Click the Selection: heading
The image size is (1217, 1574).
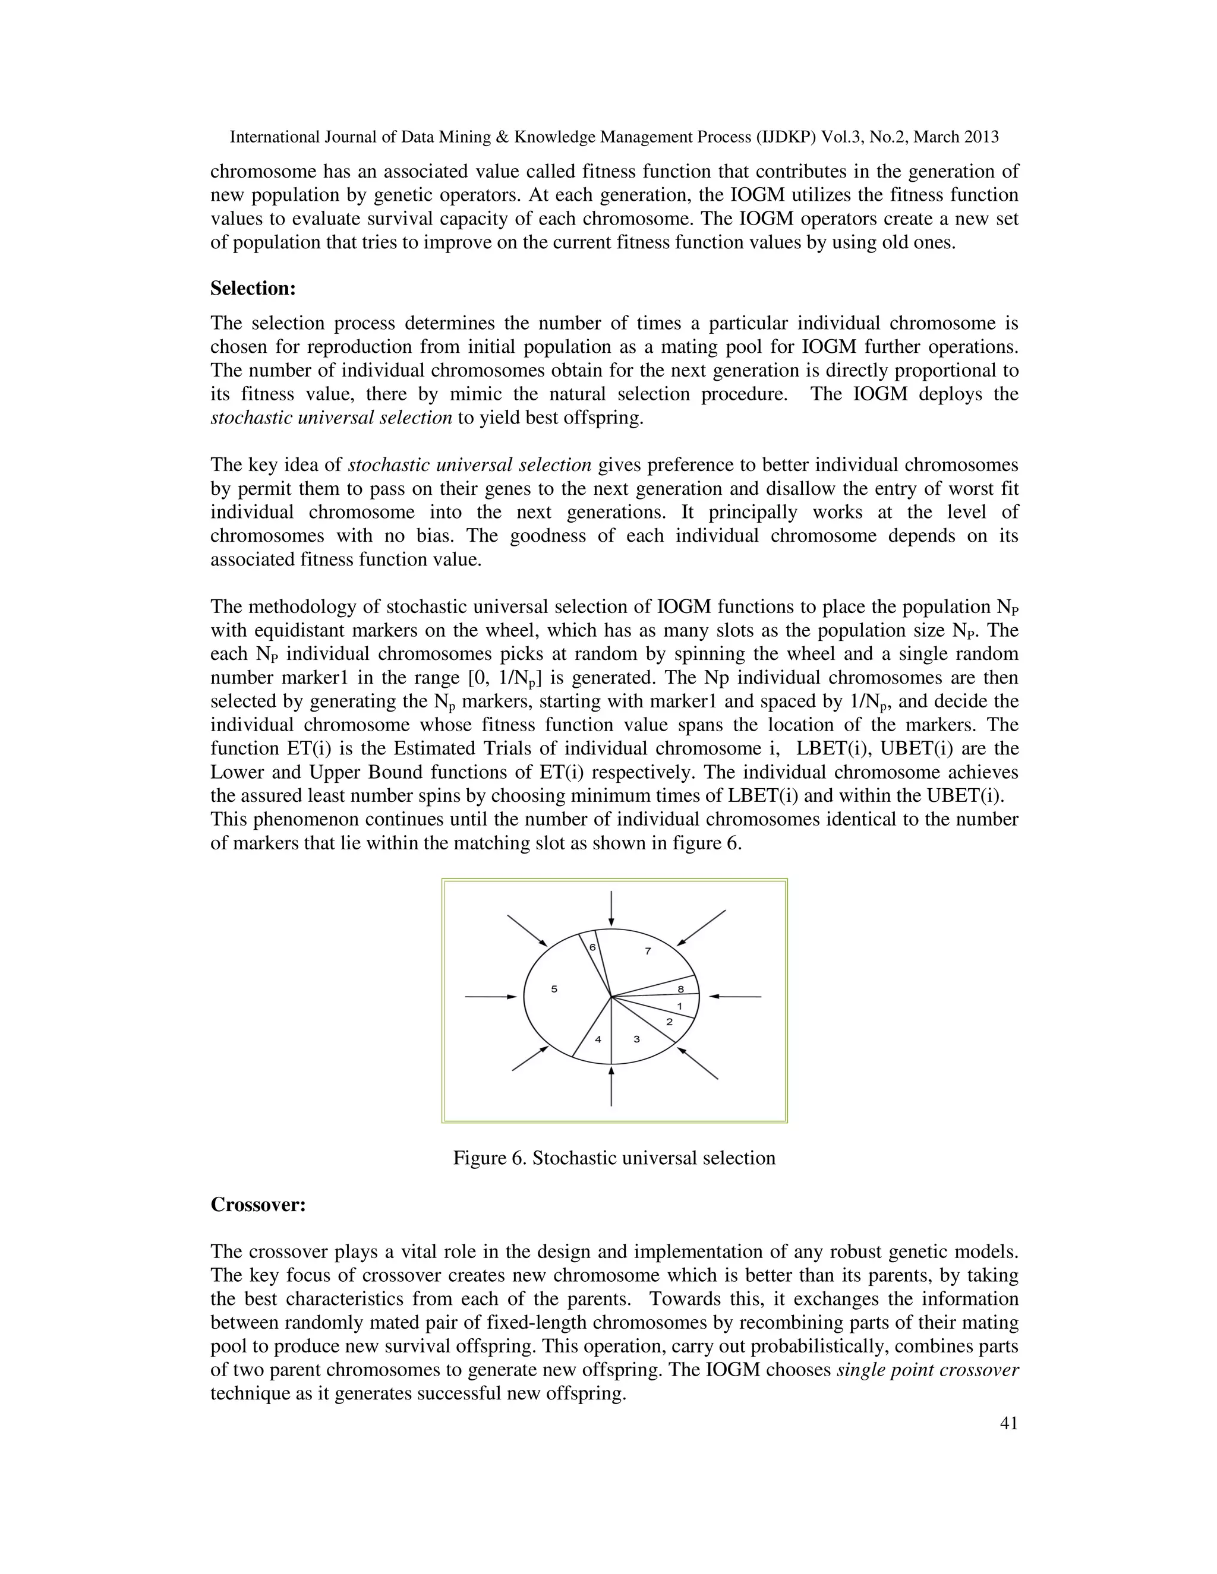coord(253,289)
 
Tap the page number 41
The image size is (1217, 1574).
coord(1008,1423)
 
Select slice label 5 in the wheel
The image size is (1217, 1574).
coord(554,990)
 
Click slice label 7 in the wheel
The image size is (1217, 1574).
coord(648,952)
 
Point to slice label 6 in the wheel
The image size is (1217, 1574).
coord(592,947)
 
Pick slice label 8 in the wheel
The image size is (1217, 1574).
coord(680,990)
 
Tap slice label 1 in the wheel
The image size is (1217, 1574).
coord(679,1006)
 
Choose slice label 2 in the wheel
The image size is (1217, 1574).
coord(669,1022)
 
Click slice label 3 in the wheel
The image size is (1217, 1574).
coord(636,1039)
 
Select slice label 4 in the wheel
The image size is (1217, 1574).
coord(598,1039)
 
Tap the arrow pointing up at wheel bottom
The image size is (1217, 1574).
coord(611,1086)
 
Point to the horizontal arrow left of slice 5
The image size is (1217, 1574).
coord(491,997)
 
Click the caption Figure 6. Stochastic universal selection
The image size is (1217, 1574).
coord(613,1158)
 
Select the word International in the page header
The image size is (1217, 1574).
coord(274,137)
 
